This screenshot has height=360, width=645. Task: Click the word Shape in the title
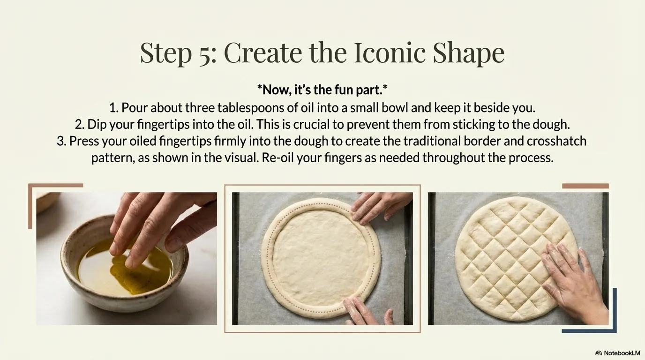468,53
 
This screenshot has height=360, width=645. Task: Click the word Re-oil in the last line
277,158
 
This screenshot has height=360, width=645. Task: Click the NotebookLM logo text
622,353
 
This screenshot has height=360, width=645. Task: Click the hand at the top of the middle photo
380,207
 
